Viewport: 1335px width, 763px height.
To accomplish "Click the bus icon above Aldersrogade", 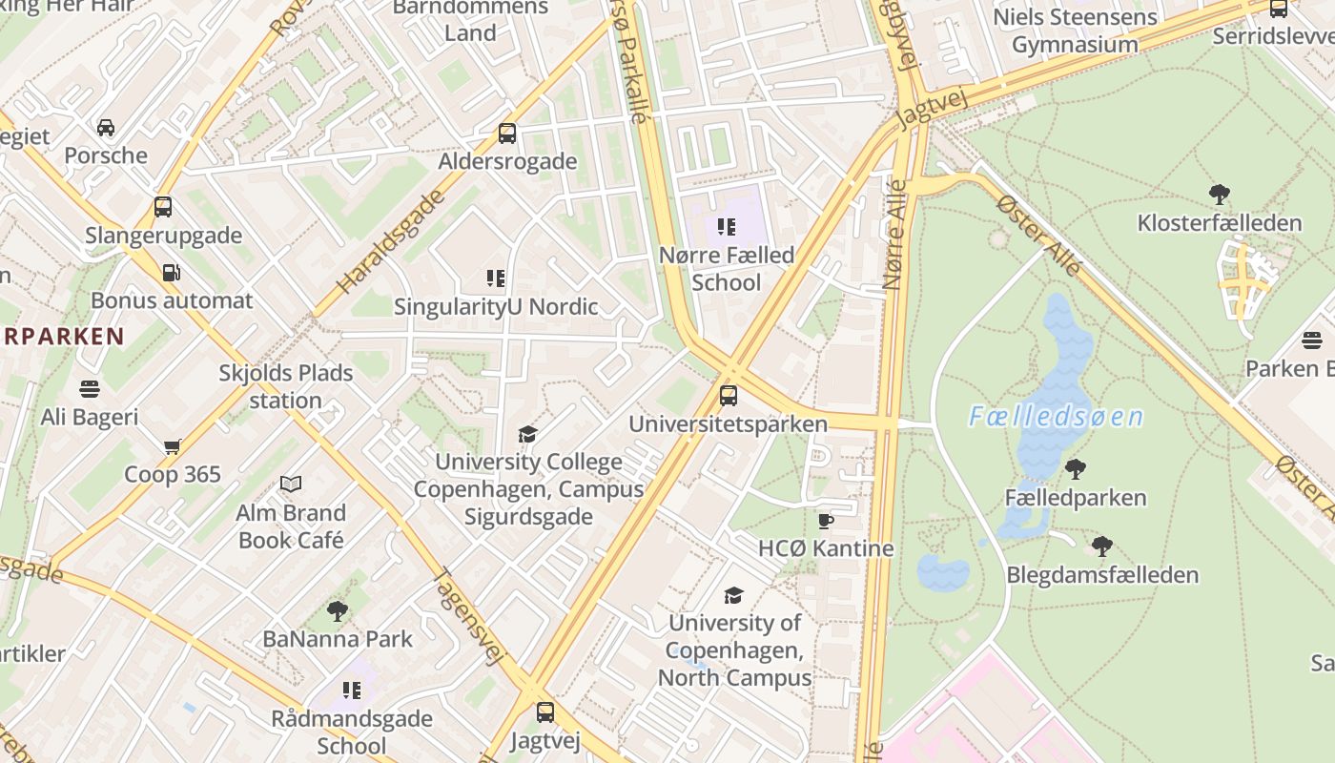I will (x=507, y=134).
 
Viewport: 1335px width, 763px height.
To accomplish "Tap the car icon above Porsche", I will (x=106, y=128).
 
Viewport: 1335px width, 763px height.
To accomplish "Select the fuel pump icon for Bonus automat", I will (x=172, y=273).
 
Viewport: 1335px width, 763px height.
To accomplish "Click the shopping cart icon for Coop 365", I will (x=173, y=446).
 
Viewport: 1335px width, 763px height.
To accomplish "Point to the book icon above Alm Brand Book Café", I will (x=291, y=485).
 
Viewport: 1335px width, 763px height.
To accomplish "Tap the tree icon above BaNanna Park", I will (x=337, y=610).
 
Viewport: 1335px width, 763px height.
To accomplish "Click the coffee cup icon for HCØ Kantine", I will (x=826, y=521).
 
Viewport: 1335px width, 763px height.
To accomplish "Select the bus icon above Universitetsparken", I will (x=729, y=395).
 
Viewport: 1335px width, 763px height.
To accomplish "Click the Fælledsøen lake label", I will (x=1056, y=417).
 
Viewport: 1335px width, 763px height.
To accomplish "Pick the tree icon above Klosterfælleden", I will (x=1219, y=195).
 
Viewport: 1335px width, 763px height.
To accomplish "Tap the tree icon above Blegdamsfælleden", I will (x=1102, y=546).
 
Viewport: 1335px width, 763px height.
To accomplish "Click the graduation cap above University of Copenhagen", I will (x=733, y=595).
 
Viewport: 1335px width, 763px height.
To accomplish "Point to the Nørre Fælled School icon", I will (x=728, y=227).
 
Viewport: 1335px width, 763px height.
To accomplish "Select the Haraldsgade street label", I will (x=390, y=241).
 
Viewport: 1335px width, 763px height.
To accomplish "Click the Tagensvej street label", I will (x=468, y=616).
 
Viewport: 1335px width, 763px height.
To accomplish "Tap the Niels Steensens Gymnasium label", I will (x=1075, y=31).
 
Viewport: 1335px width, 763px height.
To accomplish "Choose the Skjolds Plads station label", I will (x=286, y=386).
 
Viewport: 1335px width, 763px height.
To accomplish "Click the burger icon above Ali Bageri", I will (x=90, y=389).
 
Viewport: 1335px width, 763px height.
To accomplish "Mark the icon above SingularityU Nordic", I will (x=496, y=278).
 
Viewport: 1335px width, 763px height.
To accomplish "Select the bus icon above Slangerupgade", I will (x=163, y=207).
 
